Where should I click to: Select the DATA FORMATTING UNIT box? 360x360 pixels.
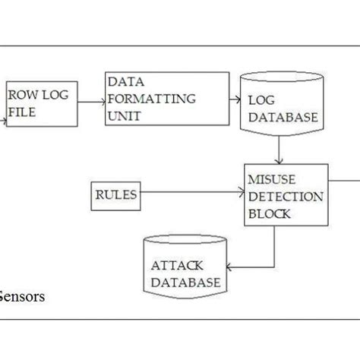pos(166,99)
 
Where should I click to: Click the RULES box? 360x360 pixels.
pos(115,194)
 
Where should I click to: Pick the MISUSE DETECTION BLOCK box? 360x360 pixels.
pos(286,195)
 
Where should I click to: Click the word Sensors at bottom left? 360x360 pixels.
pos(23,297)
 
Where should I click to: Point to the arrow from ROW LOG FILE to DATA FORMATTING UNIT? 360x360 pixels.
pos(90,102)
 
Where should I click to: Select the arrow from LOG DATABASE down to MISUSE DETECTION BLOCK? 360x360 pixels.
pos(280,153)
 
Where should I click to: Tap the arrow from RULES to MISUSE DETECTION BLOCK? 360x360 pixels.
pos(190,194)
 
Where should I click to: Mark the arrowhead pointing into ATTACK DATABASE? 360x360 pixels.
pos(232,267)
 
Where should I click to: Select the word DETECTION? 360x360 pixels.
pos(286,197)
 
